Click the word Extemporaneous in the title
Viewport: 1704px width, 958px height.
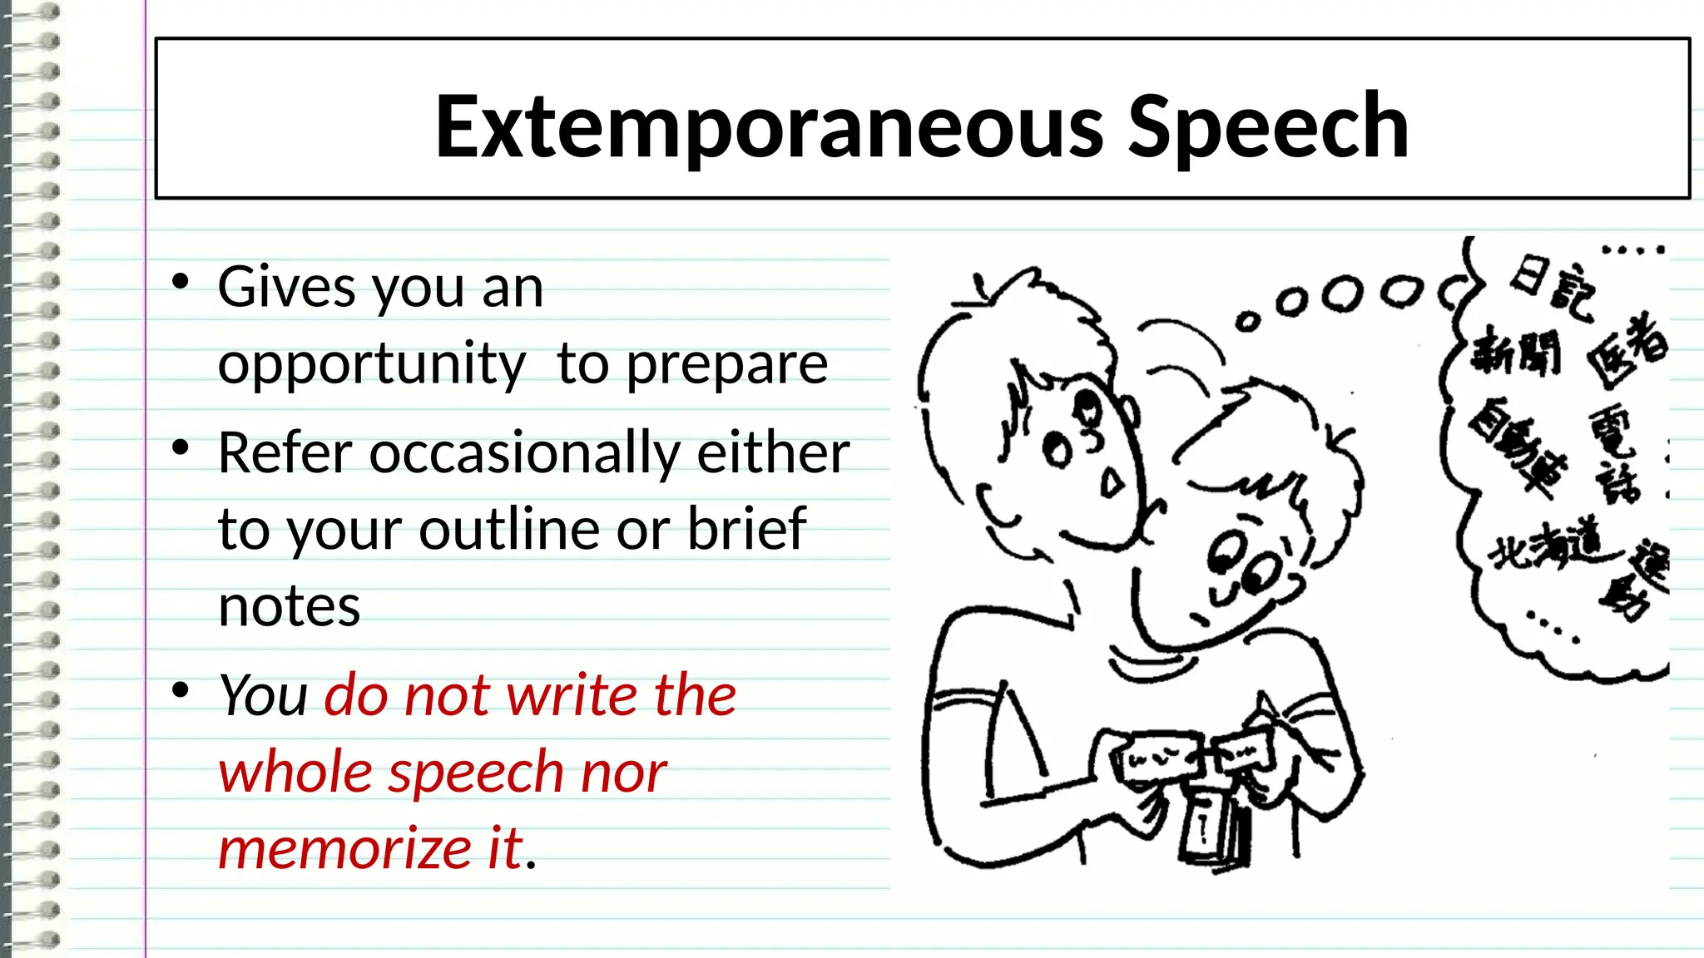[770, 126]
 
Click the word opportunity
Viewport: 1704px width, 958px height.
[372, 364]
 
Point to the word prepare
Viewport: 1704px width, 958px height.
[726, 364]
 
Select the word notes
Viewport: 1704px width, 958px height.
[289, 606]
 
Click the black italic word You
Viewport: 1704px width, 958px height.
[263, 695]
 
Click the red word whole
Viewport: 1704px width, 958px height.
[295, 772]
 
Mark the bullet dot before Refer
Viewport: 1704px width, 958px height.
[181, 448]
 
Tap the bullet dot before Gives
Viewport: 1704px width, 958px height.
[181, 282]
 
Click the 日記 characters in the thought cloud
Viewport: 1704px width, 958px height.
[1553, 288]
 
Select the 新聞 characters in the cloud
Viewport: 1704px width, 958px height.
[1515, 353]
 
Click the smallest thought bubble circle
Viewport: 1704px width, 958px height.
[1246, 321]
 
